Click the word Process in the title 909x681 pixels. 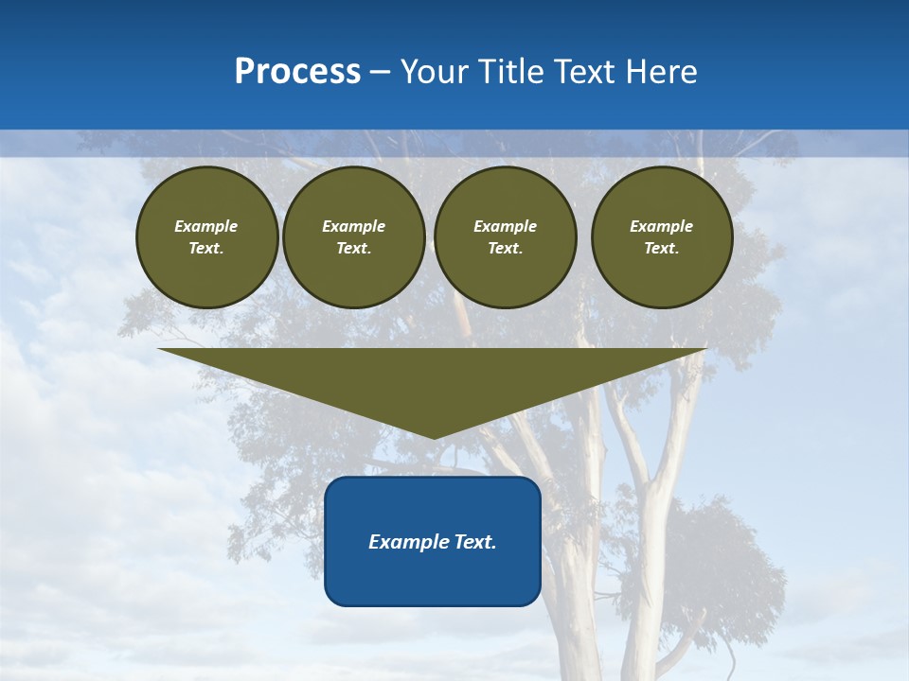[x=297, y=72]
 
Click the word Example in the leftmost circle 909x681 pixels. [x=206, y=226]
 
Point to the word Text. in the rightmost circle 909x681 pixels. [x=662, y=248]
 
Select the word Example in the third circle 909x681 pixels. [x=506, y=226]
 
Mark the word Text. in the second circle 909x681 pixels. [x=354, y=248]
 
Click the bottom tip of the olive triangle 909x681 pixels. [x=434, y=436]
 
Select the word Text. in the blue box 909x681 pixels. [x=474, y=542]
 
